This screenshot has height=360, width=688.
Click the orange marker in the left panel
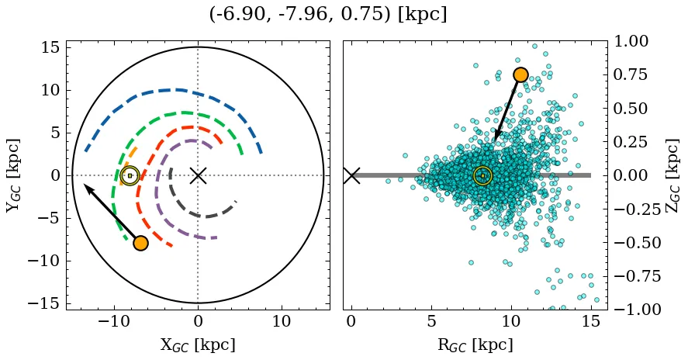coord(140,243)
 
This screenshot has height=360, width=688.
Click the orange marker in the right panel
coord(520,74)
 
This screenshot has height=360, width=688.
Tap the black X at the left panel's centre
coord(198,175)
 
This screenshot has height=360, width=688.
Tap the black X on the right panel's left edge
coord(351,175)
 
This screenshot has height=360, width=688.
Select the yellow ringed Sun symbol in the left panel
coord(130,175)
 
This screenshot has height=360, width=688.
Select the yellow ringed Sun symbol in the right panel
coord(482,175)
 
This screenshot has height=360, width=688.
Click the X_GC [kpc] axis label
coord(198,344)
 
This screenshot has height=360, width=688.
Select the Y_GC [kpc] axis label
coord(14,175)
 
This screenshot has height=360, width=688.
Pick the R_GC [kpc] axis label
coord(475,344)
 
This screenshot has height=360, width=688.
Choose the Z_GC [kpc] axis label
coord(673,175)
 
